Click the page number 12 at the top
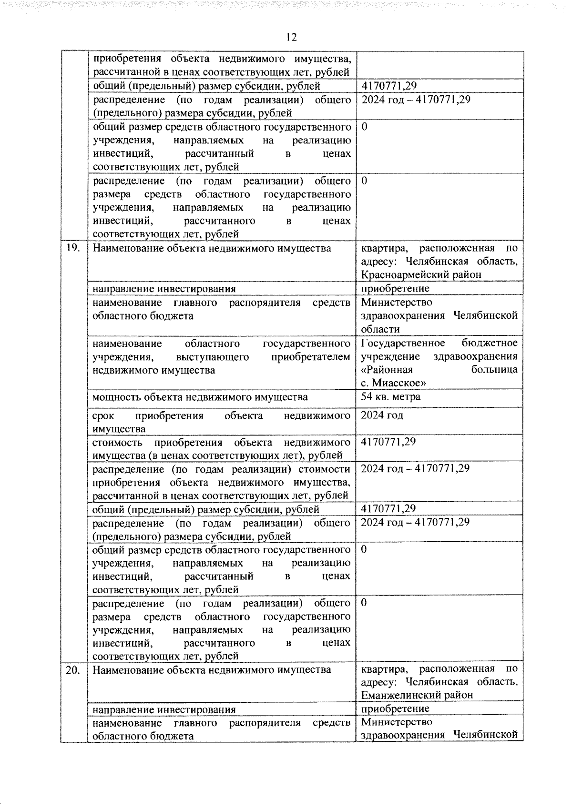(x=291, y=37)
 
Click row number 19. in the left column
(x=73, y=248)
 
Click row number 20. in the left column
(x=73, y=669)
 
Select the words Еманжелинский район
(x=417, y=695)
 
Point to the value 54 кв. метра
(x=390, y=396)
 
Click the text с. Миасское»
(x=393, y=383)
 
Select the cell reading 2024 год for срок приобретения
(x=382, y=415)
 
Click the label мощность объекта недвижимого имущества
(x=200, y=397)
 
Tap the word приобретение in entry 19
(x=395, y=288)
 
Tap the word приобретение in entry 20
(x=395, y=708)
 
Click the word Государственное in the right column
(x=403, y=343)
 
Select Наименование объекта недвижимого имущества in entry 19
(x=212, y=248)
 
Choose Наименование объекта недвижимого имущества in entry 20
(x=212, y=669)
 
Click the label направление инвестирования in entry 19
(x=164, y=289)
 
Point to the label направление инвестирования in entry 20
(x=164, y=709)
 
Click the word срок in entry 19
(x=103, y=415)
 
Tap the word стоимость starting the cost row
(x=117, y=442)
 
